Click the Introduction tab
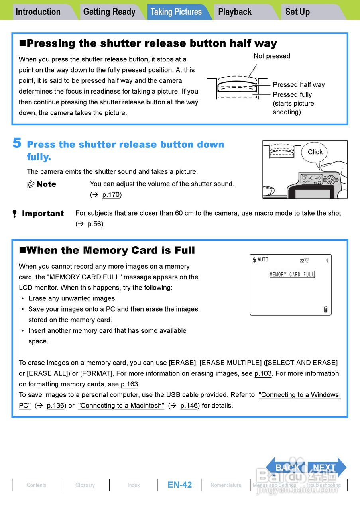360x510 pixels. (x=38, y=12)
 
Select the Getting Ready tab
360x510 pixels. (x=109, y=12)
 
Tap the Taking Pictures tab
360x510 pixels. (x=176, y=12)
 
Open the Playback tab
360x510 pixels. (x=235, y=12)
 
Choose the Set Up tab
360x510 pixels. (x=297, y=12)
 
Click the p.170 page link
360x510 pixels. (x=111, y=195)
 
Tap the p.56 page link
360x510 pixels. (x=94, y=224)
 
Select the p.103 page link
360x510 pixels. (x=263, y=373)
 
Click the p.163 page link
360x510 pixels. (x=129, y=384)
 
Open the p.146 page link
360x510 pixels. (x=189, y=406)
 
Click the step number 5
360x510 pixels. (x=17, y=143)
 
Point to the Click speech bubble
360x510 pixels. (x=315, y=152)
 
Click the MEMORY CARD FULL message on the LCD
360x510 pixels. (x=292, y=274)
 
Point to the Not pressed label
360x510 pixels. (x=272, y=56)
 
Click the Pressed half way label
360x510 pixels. (x=299, y=84)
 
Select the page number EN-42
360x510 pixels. (x=180, y=485)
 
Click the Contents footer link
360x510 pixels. (x=36, y=485)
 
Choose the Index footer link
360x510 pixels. (x=134, y=485)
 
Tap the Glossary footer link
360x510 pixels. (x=85, y=485)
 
